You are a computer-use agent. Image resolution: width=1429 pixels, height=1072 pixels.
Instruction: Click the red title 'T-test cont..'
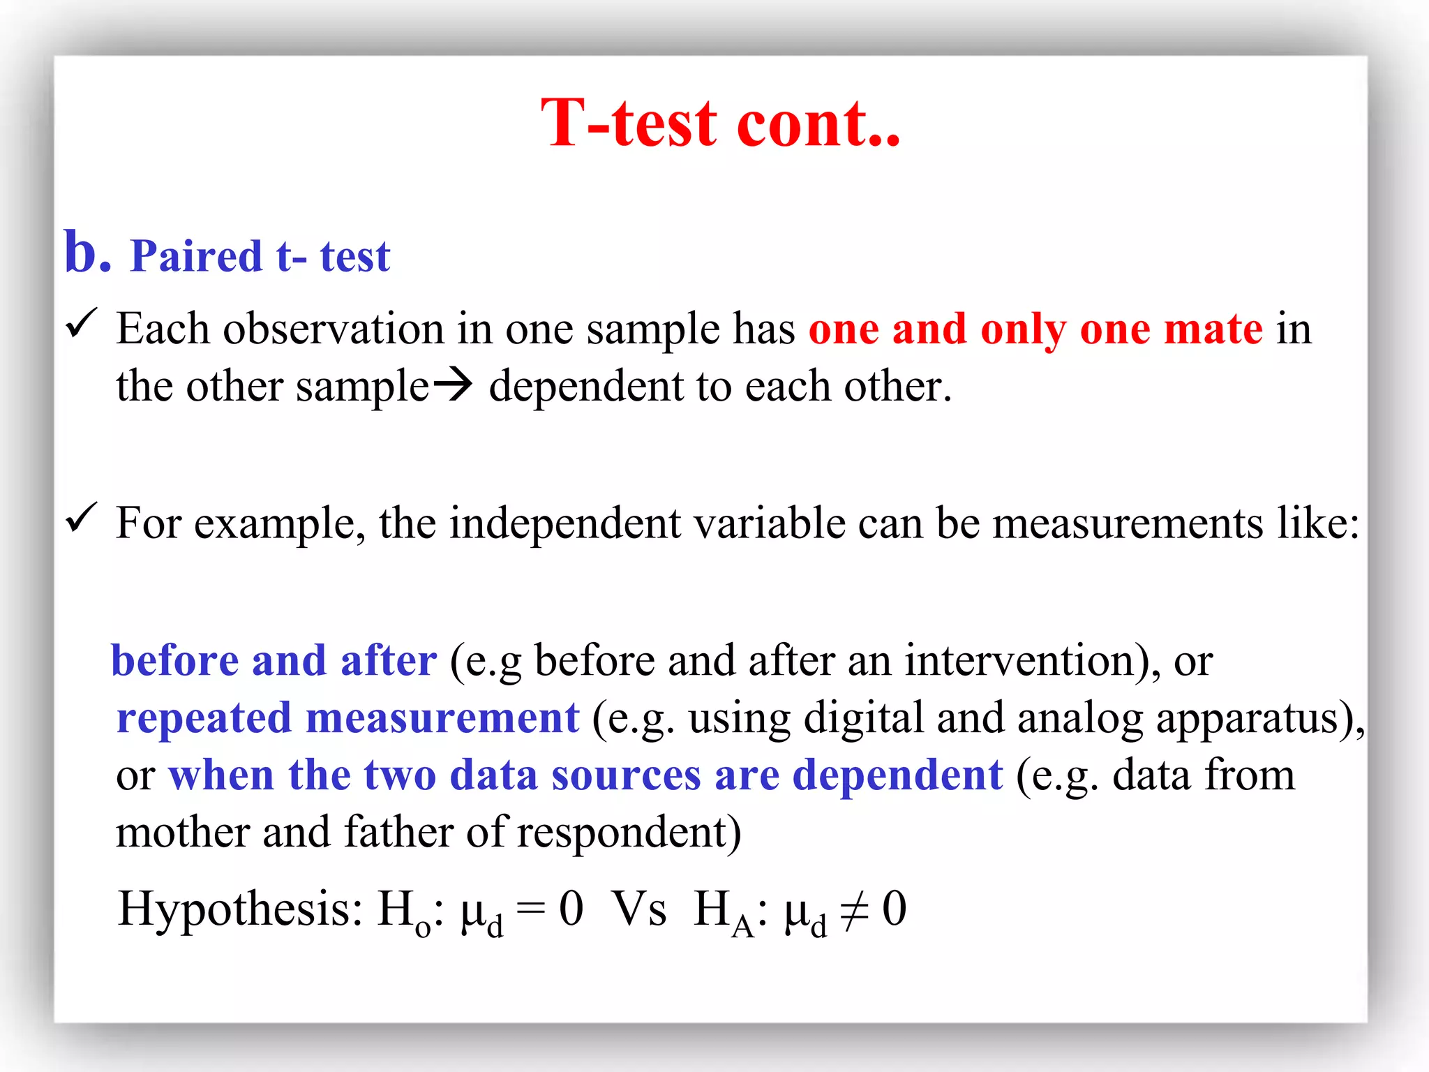click(720, 124)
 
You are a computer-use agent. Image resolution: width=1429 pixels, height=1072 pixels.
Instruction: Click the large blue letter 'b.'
click(87, 253)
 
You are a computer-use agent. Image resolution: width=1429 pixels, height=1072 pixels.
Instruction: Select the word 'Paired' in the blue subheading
click(196, 256)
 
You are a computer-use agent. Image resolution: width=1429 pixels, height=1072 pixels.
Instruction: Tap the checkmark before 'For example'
click(81, 518)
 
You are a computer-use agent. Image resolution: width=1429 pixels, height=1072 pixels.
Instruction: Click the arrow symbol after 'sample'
click(452, 385)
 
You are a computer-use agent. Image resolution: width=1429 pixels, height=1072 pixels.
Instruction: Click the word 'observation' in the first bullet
click(333, 329)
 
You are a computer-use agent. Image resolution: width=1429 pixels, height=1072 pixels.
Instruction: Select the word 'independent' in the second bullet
click(564, 523)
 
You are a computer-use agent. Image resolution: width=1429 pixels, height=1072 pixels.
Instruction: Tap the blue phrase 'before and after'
click(274, 660)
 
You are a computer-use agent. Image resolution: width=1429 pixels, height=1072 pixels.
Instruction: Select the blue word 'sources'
click(626, 776)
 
